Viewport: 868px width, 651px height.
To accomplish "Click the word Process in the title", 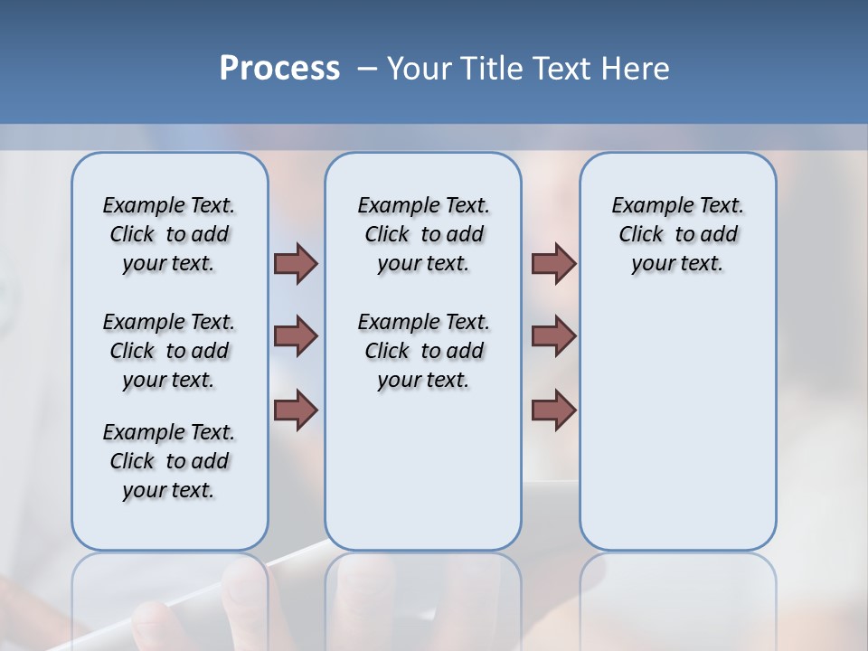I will click(x=279, y=68).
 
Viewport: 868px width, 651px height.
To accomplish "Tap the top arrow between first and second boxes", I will click(x=296, y=263).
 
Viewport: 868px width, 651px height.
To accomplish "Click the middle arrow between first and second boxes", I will click(x=296, y=336).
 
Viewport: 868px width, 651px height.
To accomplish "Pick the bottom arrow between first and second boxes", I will click(x=296, y=410).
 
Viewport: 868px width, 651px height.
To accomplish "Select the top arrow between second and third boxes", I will click(x=553, y=263).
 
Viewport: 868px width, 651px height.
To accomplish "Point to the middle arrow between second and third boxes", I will click(x=553, y=336).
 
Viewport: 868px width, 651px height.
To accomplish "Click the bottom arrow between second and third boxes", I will click(x=553, y=410).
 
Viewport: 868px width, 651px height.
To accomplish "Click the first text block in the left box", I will click(x=169, y=234).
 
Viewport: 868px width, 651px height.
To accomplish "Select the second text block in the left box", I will click(x=169, y=351).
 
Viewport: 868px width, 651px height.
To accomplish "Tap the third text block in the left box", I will click(x=169, y=461).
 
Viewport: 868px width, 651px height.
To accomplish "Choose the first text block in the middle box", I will click(x=423, y=234).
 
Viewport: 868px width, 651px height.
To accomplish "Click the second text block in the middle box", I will click(x=423, y=351).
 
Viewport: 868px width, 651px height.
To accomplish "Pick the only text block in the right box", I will click(x=677, y=234).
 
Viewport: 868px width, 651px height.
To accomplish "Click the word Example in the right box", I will click(x=644, y=206).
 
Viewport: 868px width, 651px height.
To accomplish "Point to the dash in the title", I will click(x=368, y=69).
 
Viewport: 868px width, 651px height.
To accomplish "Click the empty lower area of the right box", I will click(x=677, y=434).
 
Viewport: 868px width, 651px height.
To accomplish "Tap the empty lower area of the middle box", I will click(x=423, y=470).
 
